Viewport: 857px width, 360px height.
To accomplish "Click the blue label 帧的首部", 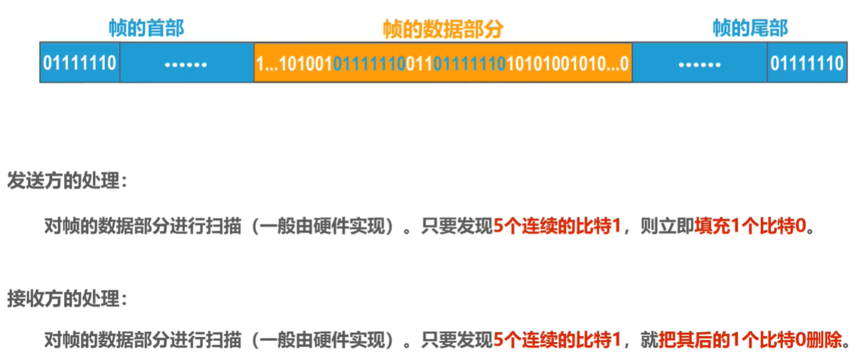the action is pyautogui.click(x=146, y=28).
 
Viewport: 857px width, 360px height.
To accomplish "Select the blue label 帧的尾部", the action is pyautogui.click(x=750, y=28).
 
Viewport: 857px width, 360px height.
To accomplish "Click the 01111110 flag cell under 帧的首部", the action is pyautogui.click(x=80, y=63).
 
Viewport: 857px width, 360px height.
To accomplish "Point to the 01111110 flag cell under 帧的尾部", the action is pyautogui.click(x=807, y=63).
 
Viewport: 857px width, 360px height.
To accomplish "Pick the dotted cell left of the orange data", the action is pyautogui.click(x=186, y=64).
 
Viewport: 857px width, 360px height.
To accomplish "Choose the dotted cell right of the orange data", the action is pyautogui.click(x=699, y=64).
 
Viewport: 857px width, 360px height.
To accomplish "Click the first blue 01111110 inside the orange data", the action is pyautogui.click(x=369, y=64).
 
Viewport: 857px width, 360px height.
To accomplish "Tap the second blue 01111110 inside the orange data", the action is pyautogui.click(x=470, y=64).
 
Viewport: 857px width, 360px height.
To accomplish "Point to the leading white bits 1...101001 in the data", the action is pyautogui.click(x=294, y=64).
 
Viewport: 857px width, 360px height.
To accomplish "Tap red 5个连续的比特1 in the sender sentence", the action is pyautogui.click(x=557, y=227).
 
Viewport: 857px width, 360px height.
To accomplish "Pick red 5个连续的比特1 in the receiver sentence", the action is pyautogui.click(x=557, y=340).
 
